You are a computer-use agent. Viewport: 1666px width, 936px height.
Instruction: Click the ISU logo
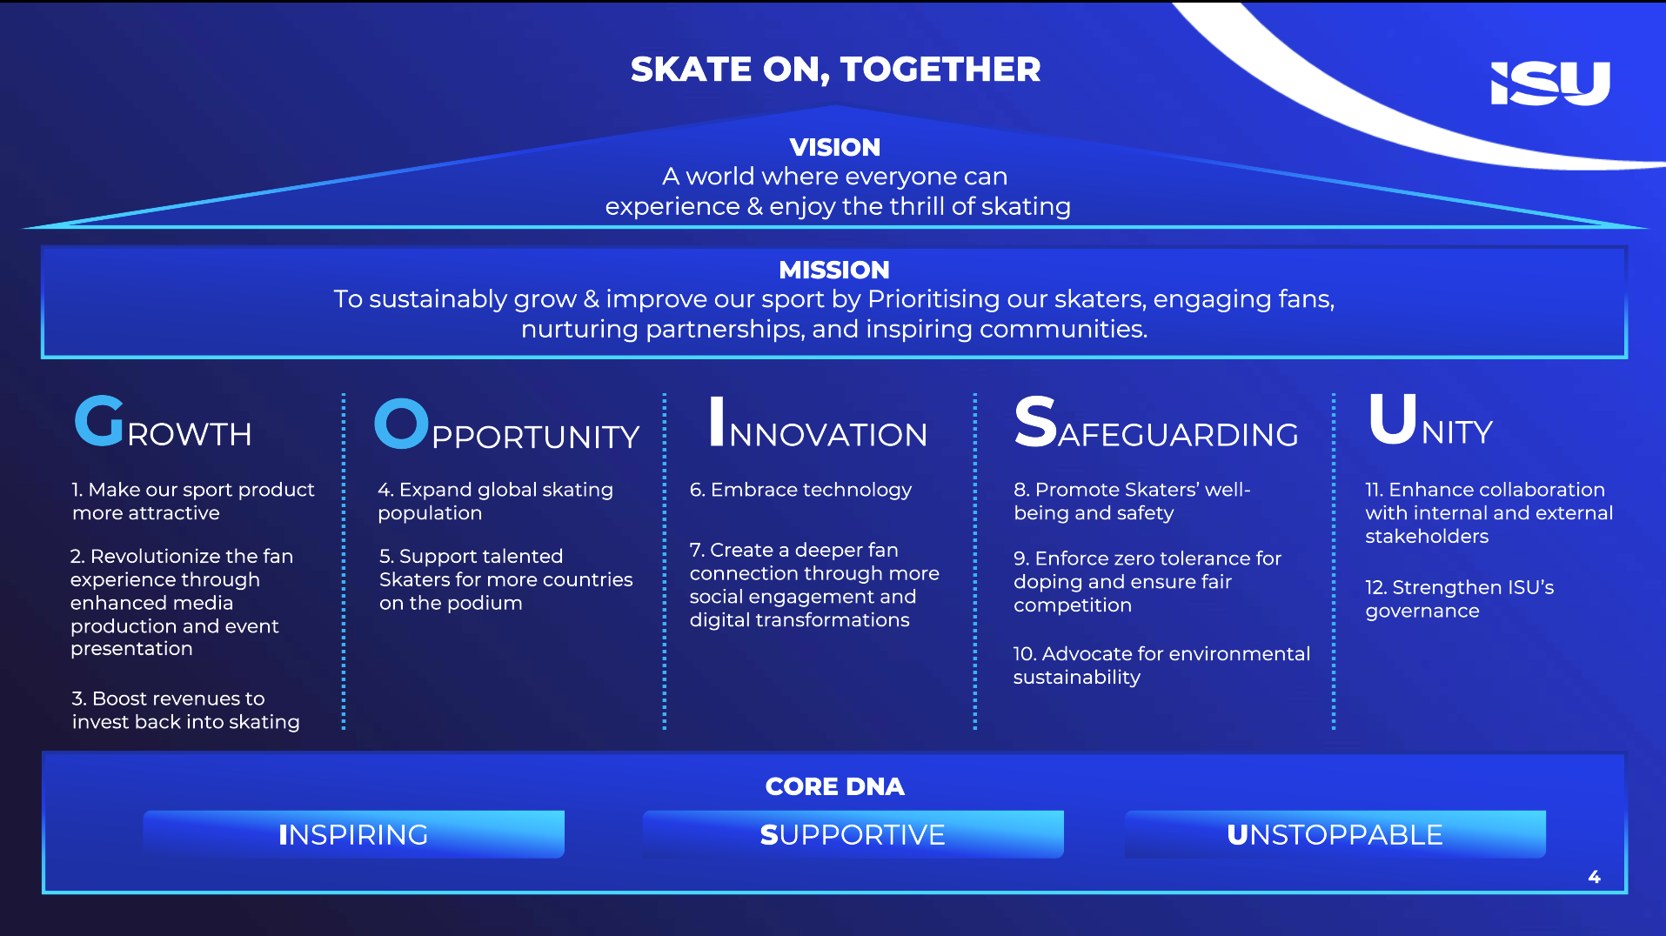[x=1550, y=84]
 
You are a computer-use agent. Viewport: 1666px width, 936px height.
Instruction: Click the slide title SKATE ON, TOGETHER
[x=835, y=70]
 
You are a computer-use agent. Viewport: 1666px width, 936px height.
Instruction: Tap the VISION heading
[x=835, y=147]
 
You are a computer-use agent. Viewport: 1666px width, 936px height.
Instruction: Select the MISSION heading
[x=834, y=270]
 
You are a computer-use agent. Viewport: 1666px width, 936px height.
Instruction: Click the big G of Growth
[x=99, y=421]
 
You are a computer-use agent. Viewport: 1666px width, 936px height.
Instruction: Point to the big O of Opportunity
[x=401, y=424]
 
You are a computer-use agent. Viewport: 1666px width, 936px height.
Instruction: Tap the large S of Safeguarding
[x=1035, y=422]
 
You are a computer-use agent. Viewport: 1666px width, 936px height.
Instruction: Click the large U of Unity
[x=1393, y=418]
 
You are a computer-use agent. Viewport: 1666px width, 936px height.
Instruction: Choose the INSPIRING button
[x=354, y=834]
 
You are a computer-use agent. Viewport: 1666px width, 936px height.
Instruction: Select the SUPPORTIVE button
[x=853, y=834]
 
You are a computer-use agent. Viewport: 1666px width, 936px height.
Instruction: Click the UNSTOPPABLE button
[x=1335, y=834]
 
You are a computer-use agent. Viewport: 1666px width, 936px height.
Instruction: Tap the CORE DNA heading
[x=835, y=786]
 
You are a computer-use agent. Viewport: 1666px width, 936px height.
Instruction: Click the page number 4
[x=1594, y=877]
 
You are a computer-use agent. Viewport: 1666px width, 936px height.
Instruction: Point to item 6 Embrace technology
[x=800, y=490]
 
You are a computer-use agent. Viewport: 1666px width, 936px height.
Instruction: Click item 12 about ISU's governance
[x=1460, y=598]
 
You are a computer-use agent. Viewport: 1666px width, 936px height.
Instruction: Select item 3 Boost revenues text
[x=185, y=710]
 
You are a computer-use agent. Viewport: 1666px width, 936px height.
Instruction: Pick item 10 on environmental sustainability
[x=1161, y=665]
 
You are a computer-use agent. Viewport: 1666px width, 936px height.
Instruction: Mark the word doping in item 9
[x=1047, y=582]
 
